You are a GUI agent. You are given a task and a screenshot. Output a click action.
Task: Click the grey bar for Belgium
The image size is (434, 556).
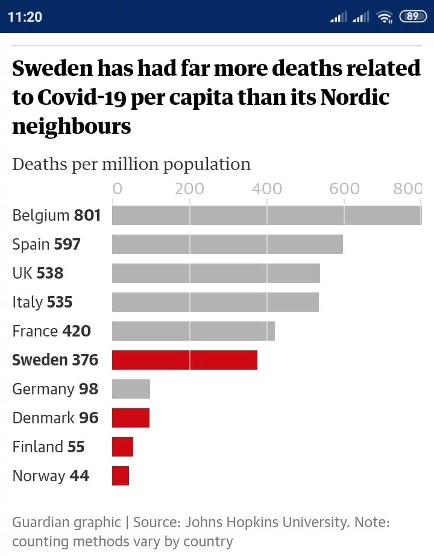pos(266,215)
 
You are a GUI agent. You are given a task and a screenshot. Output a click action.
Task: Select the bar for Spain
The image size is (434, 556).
pos(227,244)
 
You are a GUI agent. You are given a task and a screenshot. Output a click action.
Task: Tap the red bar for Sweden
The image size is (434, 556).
pos(184,360)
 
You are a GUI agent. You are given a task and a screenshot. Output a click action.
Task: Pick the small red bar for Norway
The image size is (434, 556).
pos(121,476)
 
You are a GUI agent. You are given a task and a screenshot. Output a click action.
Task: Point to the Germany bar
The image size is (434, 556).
pos(131,389)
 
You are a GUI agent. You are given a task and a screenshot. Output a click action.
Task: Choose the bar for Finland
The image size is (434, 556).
pos(122,447)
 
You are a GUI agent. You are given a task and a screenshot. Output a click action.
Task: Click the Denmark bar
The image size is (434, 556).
pos(130,418)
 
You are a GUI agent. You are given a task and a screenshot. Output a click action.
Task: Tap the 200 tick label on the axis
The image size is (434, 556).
pos(189,189)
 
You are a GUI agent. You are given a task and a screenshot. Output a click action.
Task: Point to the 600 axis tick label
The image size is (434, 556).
pos(344,189)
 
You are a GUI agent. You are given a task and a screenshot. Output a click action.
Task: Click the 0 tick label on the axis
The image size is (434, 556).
pos(117,189)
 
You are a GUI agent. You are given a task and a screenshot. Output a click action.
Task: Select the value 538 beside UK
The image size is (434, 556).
pos(50,273)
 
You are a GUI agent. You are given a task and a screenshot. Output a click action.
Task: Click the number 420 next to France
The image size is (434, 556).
pos(77,331)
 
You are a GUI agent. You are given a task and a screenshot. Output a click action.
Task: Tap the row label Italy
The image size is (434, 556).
pos(28,302)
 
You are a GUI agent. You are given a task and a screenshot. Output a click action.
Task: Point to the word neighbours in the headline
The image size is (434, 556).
pos(71,127)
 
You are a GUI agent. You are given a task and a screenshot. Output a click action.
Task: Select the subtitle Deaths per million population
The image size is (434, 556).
pos(131,164)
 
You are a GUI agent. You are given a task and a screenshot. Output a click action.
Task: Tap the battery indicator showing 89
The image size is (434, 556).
pos(412,16)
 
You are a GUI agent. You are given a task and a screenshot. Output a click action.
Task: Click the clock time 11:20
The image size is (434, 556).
pos(25,16)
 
